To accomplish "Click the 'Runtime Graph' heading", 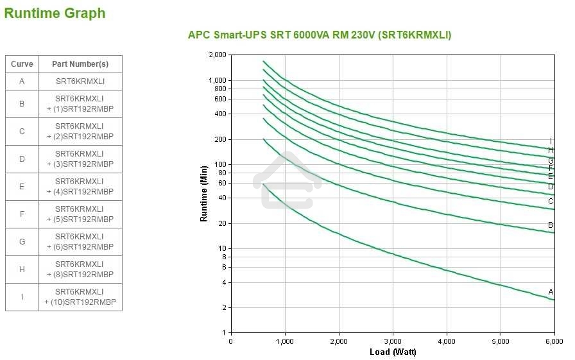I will click(x=55, y=13).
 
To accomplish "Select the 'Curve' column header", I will click(x=22, y=64).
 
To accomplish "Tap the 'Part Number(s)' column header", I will click(x=80, y=64).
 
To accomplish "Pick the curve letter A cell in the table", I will click(x=22, y=81).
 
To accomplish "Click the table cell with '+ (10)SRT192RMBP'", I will click(x=80, y=297).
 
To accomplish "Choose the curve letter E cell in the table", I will click(x=22, y=187).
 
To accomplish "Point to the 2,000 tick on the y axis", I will click(x=218, y=55).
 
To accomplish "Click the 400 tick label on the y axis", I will click(x=221, y=114).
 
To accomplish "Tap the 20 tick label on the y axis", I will click(x=223, y=223).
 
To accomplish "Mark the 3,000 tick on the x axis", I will click(x=392, y=341).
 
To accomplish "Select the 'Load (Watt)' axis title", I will click(x=393, y=352).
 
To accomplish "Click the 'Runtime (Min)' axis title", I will click(x=204, y=193).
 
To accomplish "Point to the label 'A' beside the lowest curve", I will click(x=551, y=292).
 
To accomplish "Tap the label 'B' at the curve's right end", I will click(x=551, y=225).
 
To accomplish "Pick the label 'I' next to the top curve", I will click(x=551, y=141).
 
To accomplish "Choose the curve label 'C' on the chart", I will click(x=551, y=201).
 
